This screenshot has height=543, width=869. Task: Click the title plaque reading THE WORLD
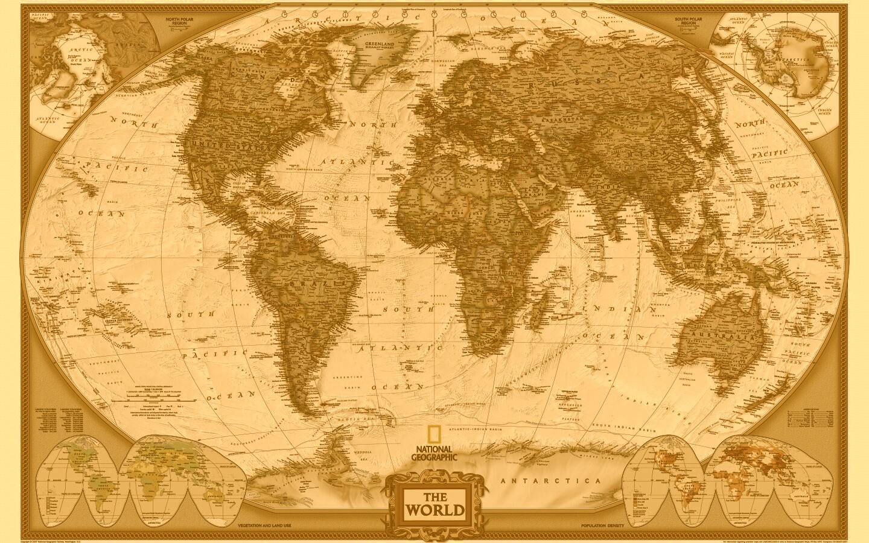tap(434, 504)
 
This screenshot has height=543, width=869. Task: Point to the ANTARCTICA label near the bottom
tap(551, 481)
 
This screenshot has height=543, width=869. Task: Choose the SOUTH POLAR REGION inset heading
tap(689, 22)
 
